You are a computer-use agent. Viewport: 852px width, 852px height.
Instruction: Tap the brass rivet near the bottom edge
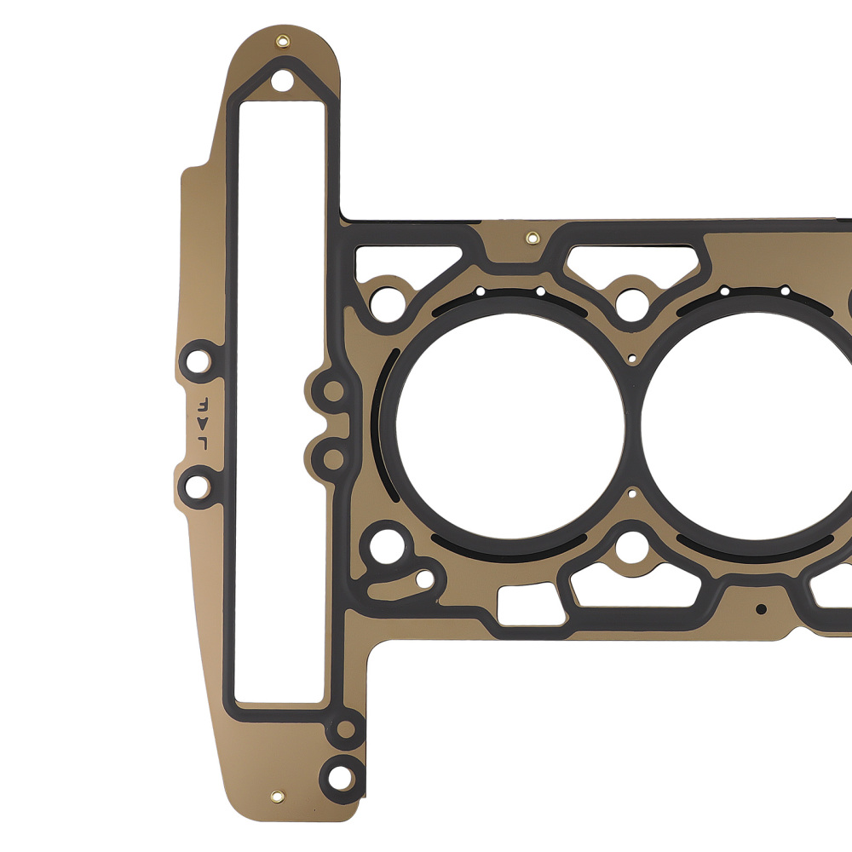(277, 797)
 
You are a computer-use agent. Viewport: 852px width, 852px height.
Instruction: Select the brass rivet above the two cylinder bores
(532, 238)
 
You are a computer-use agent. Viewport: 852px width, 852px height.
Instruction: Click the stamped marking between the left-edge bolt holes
(203, 423)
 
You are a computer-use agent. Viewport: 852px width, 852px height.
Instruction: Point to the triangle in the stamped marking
(203, 423)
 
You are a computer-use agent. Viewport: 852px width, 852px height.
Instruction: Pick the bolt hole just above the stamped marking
(199, 358)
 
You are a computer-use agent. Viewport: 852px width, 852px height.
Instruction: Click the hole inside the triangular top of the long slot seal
(283, 82)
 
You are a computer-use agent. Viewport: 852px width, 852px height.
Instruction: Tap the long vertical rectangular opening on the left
(279, 400)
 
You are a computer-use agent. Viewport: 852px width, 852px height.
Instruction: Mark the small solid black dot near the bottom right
(761, 609)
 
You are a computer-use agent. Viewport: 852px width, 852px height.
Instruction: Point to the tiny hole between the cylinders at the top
(631, 359)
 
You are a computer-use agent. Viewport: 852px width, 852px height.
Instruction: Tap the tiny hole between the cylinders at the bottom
(631, 492)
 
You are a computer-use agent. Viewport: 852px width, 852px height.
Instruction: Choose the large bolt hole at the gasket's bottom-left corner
(340, 775)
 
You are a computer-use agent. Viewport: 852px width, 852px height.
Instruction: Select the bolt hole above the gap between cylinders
(631, 302)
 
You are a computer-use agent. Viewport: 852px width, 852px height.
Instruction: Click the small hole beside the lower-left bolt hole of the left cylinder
(423, 579)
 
